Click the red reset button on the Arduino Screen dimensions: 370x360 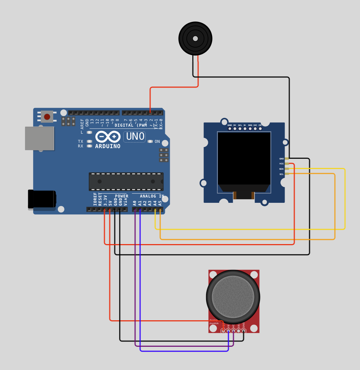pyautogui.click(x=47, y=116)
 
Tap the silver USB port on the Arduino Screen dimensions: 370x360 pyautogui.click(x=39, y=138)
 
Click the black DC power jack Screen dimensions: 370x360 pyautogui.click(x=42, y=199)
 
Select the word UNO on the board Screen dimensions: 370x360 pyautogui.click(x=135, y=137)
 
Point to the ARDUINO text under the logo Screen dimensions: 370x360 pyautogui.click(x=108, y=146)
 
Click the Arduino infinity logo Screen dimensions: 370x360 pyautogui.click(x=108, y=137)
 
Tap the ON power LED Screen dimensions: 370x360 pyautogui.click(x=150, y=141)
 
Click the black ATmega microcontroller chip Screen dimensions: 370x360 pyautogui.click(x=126, y=181)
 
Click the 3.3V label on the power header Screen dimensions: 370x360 pyautogui.click(x=105, y=200)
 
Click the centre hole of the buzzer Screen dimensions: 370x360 pyautogui.click(x=195, y=38)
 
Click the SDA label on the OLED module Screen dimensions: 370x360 pyautogui.click(x=281, y=169)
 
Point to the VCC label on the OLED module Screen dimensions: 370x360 pyautogui.click(x=281, y=164)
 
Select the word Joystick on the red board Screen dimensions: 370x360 pyautogui.click(x=214, y=323)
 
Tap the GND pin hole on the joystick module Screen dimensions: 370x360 pyautogui.click(x=243, y=330)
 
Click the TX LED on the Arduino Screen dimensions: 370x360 pyautogui.click(x=89, y=141)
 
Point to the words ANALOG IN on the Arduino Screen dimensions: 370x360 pyautogui.click(x=152, y=196)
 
